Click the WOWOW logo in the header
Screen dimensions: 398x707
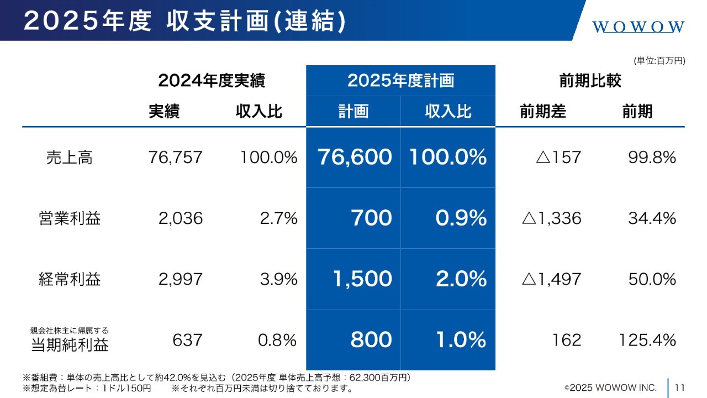[639, 27]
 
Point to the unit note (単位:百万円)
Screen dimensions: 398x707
[659, 61]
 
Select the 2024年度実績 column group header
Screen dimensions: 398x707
[212, 81]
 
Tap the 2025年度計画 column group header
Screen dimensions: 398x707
[400, 81]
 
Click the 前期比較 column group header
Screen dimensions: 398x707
[590, 81]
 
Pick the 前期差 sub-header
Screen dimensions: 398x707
[542, 112]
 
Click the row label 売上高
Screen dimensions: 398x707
[69, 158]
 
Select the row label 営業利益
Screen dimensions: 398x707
[70, 218]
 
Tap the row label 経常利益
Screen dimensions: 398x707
[70, 279]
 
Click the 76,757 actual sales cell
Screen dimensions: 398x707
[175, 158]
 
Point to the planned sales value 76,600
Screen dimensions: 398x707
[355, 158]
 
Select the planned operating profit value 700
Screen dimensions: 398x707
[371, 218]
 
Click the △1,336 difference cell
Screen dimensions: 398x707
[551, 218]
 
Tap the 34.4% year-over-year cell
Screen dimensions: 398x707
[652, 218]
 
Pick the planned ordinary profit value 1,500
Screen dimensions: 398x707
[362, 279]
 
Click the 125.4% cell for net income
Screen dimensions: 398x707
[647, 340]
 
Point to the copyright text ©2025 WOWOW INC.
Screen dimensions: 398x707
[610, 387]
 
